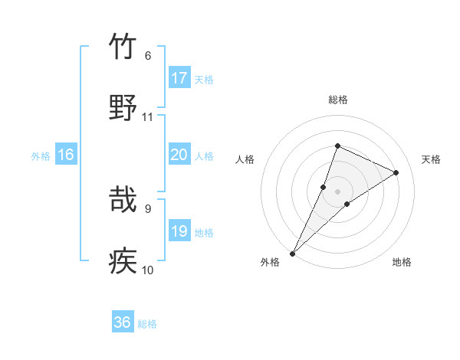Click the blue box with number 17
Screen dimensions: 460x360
pyautogui.click(x=179, y=78)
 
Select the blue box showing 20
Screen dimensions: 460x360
pyautogui.click(x=179, y=155)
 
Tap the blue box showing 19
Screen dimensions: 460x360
pyautogui.click(x=179, y=231)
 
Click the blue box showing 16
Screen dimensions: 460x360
pyautogui.click(x=66, y=155)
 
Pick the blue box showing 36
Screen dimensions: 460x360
pyautogui.click(x=123, y=323)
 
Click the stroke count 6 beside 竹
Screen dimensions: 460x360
pyautogui.click(x=148, y=55)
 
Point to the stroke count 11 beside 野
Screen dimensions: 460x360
pyautogui.click(x=148, y=116)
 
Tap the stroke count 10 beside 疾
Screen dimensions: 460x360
pyautogui.click(x=148, y=270)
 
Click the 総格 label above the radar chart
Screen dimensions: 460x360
pyautogui.click(x=338, y=100)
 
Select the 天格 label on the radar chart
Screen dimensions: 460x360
pyautogui.click(x=432, y=159)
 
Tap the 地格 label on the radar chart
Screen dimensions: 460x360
pyautogui.click(x=402, y=263)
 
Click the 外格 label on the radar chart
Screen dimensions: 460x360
pyautogui.click(x=270, y=263)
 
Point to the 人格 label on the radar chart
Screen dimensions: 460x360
pyautogui.click(x=245, y=159)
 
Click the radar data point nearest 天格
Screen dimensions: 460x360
pyautogui.click(x=396, y=172)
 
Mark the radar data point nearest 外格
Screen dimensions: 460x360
pyautogui.click(x=293, y=253)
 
